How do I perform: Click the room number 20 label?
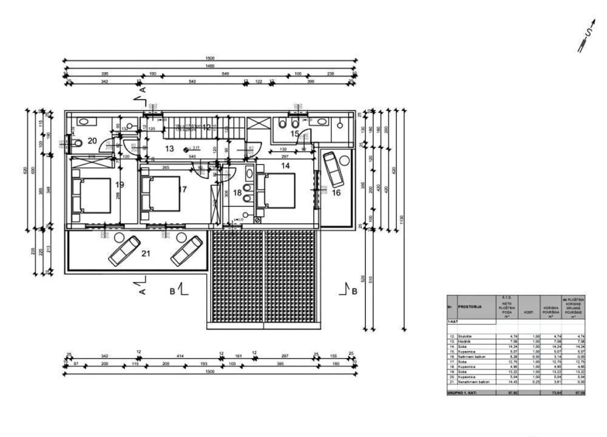92,140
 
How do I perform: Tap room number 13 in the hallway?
169,148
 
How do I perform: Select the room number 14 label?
285,165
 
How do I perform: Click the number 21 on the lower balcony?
146,253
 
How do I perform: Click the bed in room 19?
92,195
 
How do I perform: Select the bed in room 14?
276,191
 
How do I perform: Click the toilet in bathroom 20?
78,144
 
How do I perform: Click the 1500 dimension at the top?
209,58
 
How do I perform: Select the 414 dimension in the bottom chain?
180,356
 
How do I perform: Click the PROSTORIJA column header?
470,307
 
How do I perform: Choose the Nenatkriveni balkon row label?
475,382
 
